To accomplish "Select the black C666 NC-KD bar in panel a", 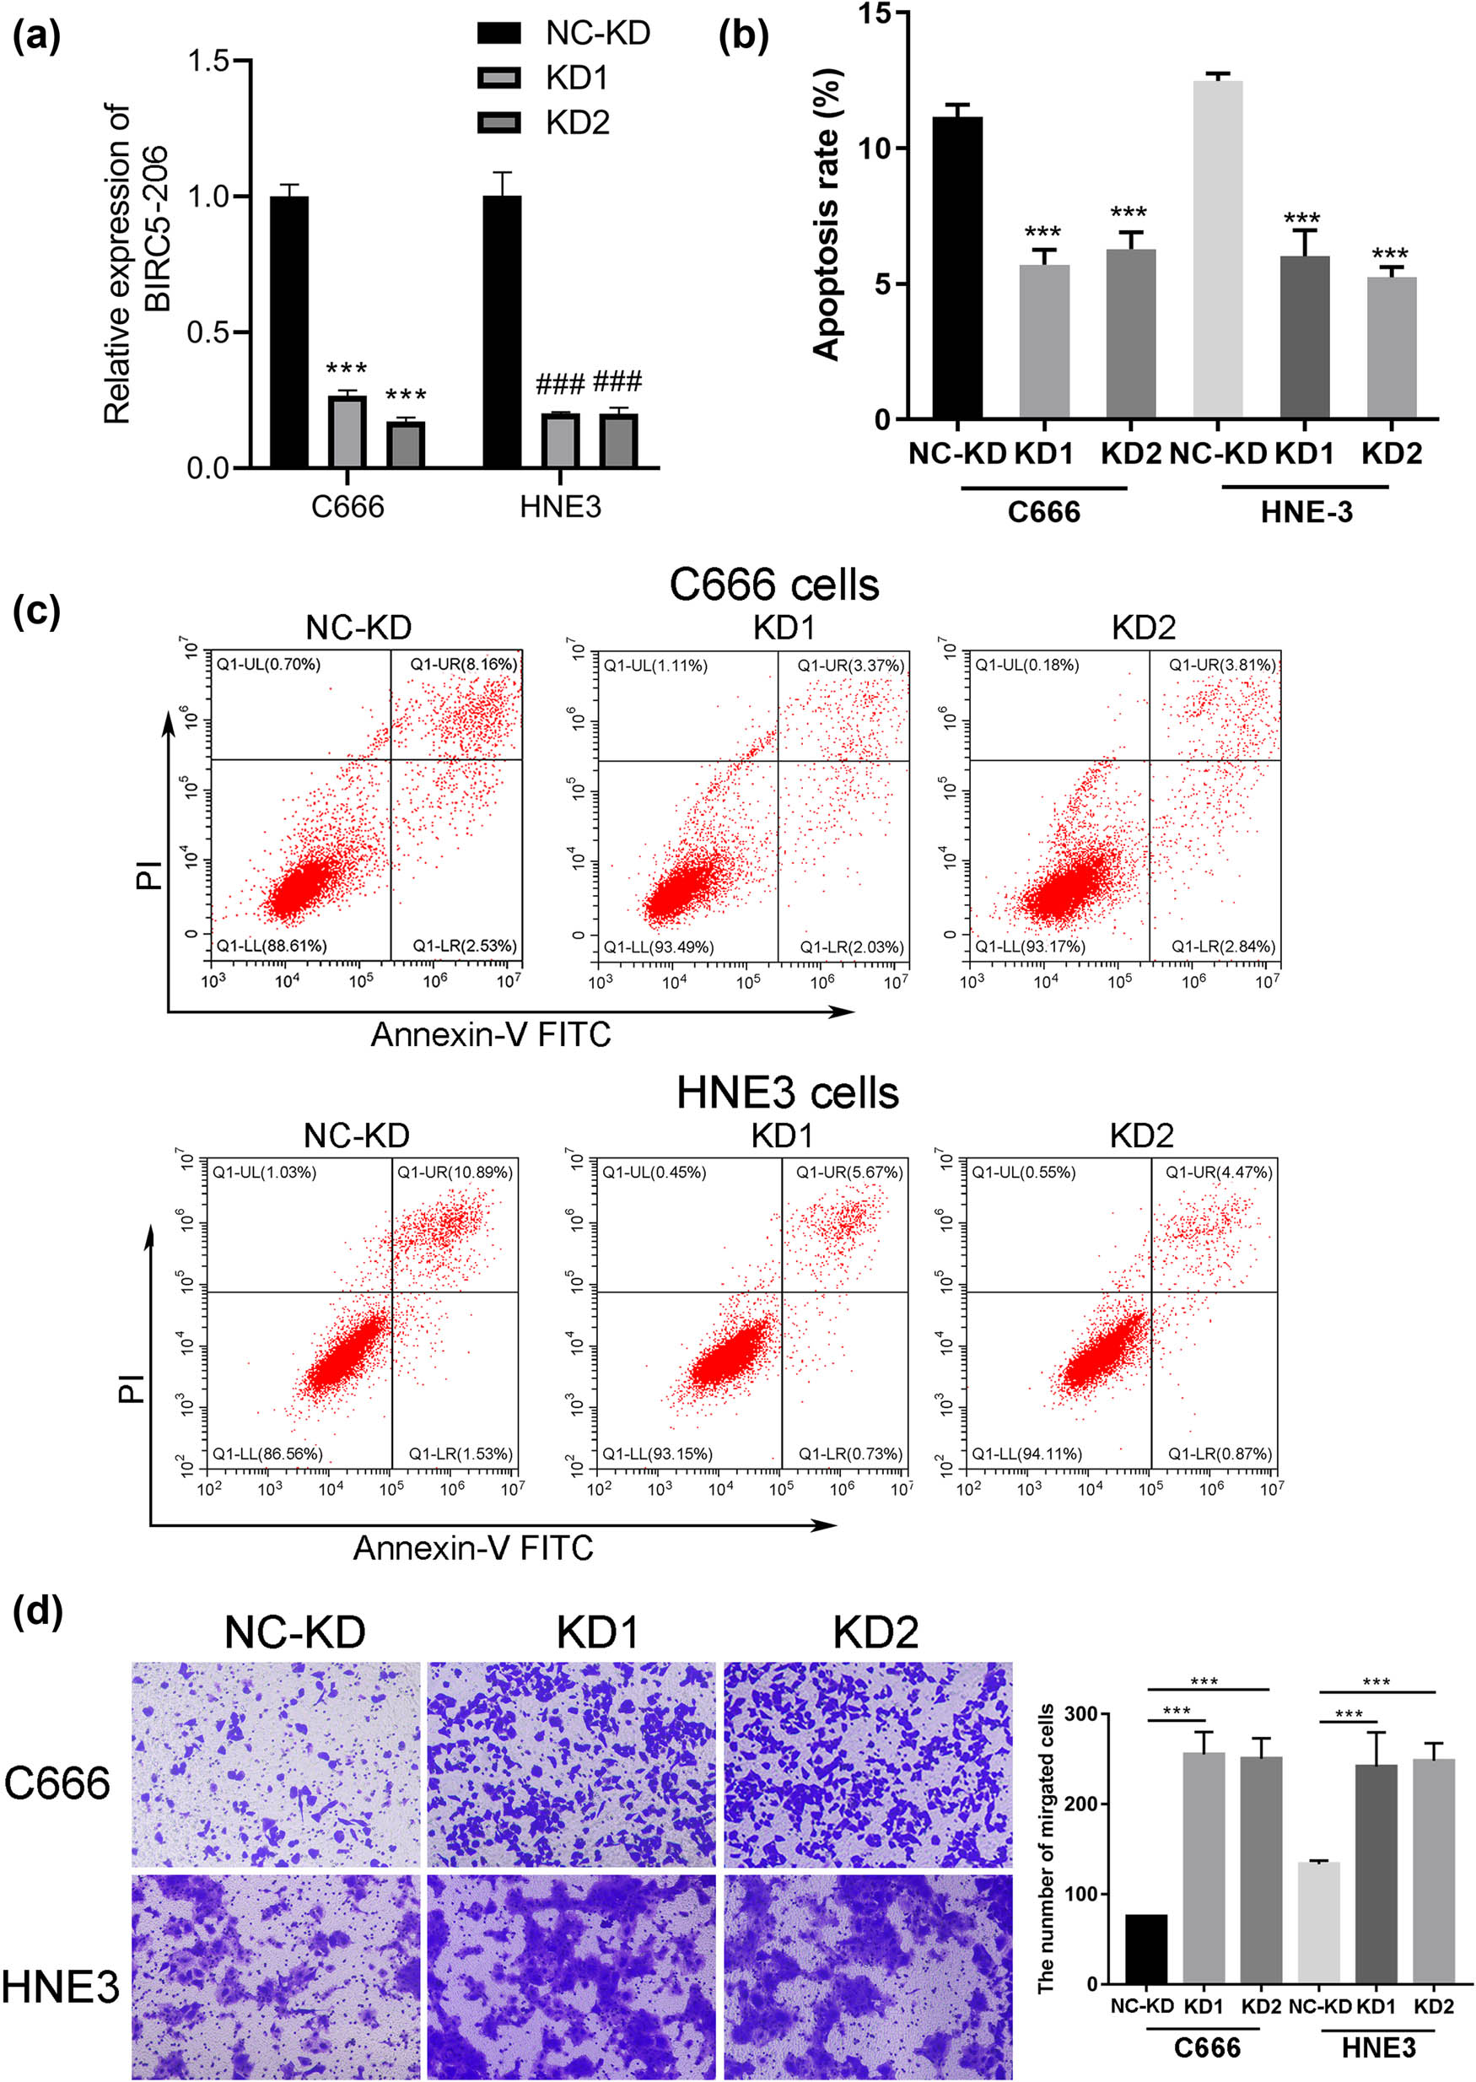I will coord(289,332).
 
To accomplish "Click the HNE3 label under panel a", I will coord(560,506).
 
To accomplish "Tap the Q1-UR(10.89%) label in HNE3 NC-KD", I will coord(455,1173).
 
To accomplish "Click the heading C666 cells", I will coord(773,585).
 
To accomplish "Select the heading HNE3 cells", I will coord(787,1092).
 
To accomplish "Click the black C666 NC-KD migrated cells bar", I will coord(1146,1950).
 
